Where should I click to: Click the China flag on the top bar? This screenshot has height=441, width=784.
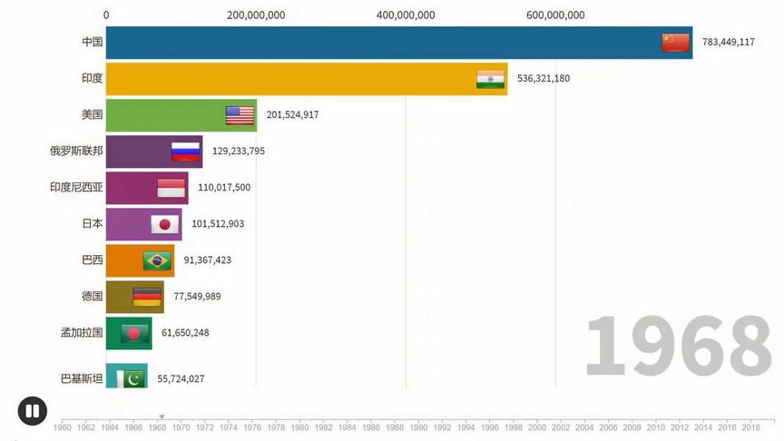coord(675,43)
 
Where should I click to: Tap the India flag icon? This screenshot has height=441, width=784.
coord(490,79)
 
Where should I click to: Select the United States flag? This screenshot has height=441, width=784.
coord(240,115)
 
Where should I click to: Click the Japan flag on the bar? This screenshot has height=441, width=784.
coord(164,224)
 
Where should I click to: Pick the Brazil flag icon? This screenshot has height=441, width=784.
coord(157,260)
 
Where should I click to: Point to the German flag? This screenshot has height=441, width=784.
coord(147,297)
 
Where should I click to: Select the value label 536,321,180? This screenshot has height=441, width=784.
coord(543,79)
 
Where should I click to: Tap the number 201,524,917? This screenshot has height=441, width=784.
coord(292,115)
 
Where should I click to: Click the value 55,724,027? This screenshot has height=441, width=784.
coord(181,379)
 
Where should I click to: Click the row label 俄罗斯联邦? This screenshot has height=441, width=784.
coord(76,152)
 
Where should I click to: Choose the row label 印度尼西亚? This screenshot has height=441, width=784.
coord(76,188)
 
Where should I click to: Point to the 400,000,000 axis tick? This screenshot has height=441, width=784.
coord(405,15)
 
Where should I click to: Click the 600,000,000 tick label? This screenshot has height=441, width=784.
coord(554,15)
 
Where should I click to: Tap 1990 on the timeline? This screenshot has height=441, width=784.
coord(418,426)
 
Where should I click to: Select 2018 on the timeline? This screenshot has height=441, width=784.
coord(750,426)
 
